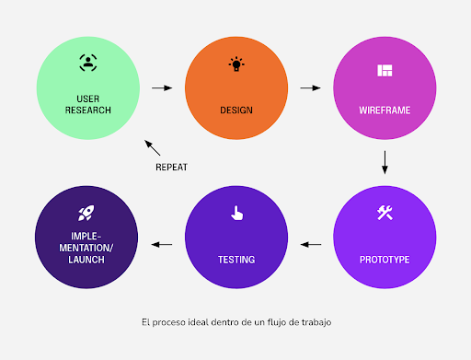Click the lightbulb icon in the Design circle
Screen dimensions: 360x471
pyautogui.click(x=237, y=64)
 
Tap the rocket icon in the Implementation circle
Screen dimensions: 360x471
pyautogui.click(x=87, y=214)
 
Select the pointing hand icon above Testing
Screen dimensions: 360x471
pyautogui.click(x=236, y=214)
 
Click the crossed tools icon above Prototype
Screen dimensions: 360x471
pyautogui.click(x=385, y=214)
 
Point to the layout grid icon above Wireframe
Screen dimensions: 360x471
pyautogui.click(x=385, y=70)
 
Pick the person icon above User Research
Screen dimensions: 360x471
pyautogui.click(x=87, y=64)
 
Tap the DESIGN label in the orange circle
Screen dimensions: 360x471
pyautogui.click(x=236, y=110)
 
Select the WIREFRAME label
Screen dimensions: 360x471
pyautogui.click(x=385, y=110)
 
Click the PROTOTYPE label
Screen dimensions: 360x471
pyautogui.click(x=385, y=260)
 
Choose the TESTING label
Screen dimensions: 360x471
pyautogui.click(x=236, y=260)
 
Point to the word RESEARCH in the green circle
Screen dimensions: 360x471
pyautogui.click(x=87, y=110)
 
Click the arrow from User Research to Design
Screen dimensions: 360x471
pyautogui.click(x=162, y=88)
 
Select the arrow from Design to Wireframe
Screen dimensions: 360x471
pyautogui.click(x=311, y=88)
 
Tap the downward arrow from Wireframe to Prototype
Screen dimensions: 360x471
pyautogui.click(x=385, y=162)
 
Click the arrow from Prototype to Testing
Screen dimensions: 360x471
pyautogui.click(x=311, y=245)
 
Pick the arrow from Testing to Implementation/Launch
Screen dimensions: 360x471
pyautogui.click(x=162, y=245)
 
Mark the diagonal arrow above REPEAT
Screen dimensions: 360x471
pyautogui.click(x=153, y=145)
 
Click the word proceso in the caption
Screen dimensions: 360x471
pyautogui.click(x=175, y=322)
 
